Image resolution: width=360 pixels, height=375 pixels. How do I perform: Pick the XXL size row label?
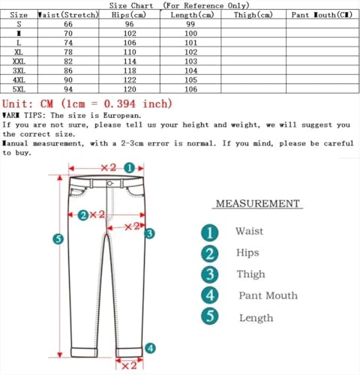point(19,60)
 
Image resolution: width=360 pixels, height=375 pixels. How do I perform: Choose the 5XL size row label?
point(19,88)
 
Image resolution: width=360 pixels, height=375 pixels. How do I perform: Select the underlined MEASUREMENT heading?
point(258,203)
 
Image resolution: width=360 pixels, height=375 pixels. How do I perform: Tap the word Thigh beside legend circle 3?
point(250,274)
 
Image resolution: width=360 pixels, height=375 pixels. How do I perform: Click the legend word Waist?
point(249,232)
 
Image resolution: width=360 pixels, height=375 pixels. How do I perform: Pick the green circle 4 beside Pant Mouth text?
point(211,295)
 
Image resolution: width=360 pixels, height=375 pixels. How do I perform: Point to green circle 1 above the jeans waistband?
point(130,169)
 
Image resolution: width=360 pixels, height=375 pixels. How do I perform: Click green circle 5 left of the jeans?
point(58,239)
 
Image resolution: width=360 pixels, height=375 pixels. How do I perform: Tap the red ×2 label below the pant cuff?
point(128,365)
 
